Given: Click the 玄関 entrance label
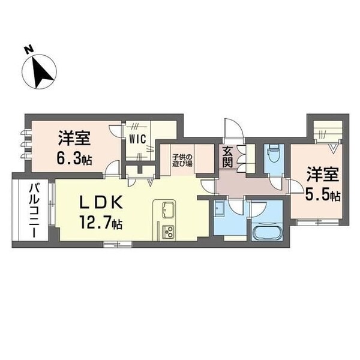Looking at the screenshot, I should (228, 157).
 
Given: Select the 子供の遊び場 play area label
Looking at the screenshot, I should (182, 155).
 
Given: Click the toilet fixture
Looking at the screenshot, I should (272, 155).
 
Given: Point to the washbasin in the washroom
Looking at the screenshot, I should (218, 208).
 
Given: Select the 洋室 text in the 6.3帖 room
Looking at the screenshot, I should (74, 139).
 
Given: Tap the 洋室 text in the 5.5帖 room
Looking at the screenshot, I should (323, 175).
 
